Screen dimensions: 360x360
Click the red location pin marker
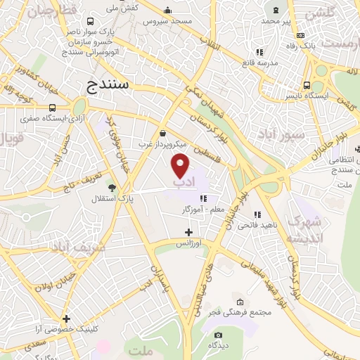click(181, 166)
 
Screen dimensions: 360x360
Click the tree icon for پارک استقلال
click(111, 186)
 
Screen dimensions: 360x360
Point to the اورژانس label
click(188, 243)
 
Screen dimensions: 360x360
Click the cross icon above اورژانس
click(188, 232)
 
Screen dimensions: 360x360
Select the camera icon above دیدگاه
click(218, 335)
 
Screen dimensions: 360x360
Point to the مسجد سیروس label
click(167, 21)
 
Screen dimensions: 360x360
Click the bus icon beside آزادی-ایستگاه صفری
click(53, 108)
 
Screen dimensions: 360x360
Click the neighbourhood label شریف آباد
click(78, 247)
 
